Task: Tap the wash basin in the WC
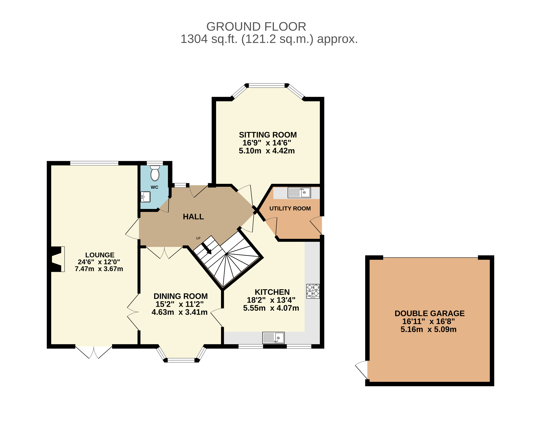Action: coord(146,197)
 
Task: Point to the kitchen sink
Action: coord(273,337)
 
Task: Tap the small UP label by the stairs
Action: coord(198,238)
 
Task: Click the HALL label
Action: coord(193,217)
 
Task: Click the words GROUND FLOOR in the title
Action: coord(256,27)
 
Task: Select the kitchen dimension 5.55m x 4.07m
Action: coord(271,308)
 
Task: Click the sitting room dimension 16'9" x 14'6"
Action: coord(267,143)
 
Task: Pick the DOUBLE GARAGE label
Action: coord(430,313)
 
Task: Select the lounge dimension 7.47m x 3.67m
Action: coord(99,269)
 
